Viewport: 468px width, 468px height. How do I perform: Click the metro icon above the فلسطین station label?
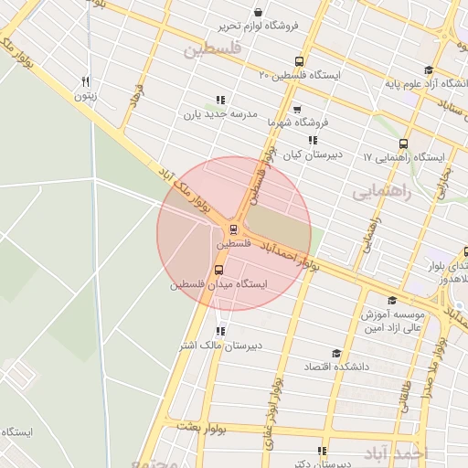(234, 229)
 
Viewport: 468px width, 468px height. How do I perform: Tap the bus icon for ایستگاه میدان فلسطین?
(218, 270)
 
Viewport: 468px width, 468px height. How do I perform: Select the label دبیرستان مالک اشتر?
(220, 345)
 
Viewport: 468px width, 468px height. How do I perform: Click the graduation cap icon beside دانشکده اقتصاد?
(335, 353)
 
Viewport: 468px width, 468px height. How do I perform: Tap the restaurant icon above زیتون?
(85, 80)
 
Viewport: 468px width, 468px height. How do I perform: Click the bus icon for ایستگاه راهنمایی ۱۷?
(403, 144)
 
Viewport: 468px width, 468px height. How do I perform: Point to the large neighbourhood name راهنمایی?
(382, 193)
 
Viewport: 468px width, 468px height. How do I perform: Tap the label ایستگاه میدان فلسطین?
(219, 284)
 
